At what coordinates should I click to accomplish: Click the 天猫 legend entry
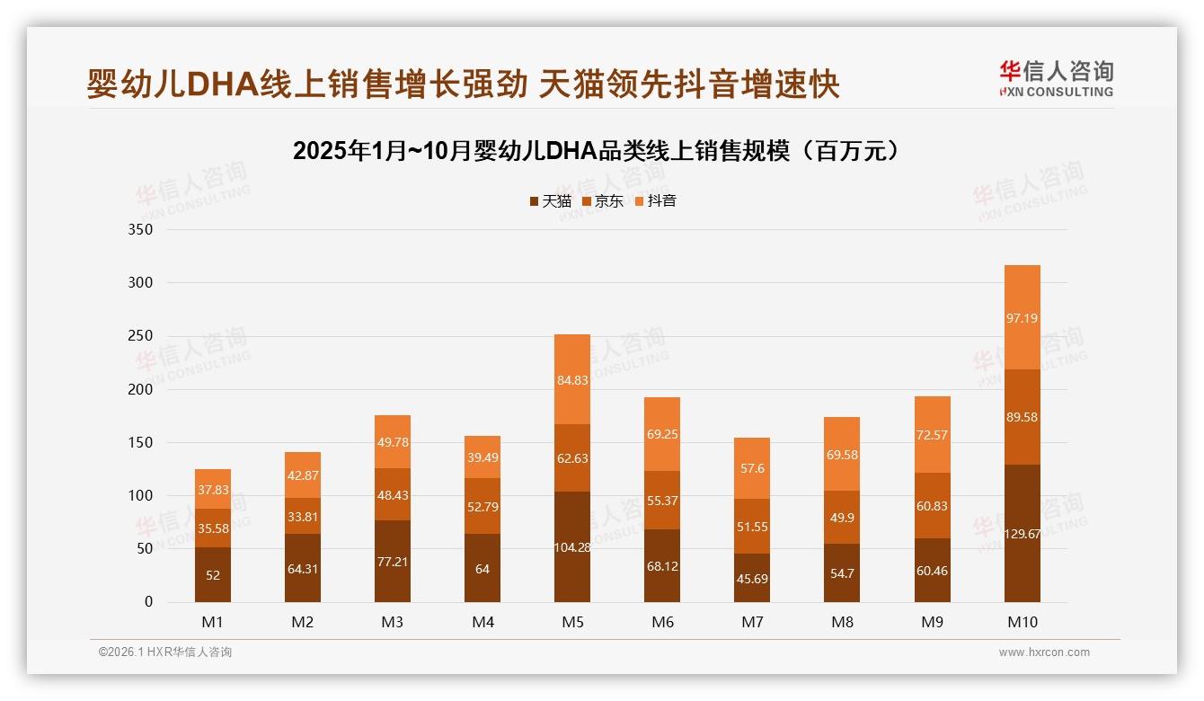[x=550, y=201]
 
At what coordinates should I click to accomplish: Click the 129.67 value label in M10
[x=1022, y=534]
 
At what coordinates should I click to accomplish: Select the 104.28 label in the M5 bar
[x=572, y=547]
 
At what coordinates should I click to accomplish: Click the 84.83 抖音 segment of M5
[x=572, y=379]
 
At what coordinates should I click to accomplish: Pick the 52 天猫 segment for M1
[x=213, y=575]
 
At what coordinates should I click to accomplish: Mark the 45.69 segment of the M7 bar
[x=752, y=578]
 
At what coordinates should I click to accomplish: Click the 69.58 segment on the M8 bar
[x=842, y=454]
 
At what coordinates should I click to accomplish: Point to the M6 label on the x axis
[x=662, y=622]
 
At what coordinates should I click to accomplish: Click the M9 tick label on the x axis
[x=932, y=622]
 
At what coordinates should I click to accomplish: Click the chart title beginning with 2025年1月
[x=596, y=151]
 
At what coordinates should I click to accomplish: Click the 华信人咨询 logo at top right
[x=1056, y=78]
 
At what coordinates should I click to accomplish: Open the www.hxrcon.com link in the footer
[x=1044, y=652]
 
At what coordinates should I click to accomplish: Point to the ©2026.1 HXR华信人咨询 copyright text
[x=165, y=652]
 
